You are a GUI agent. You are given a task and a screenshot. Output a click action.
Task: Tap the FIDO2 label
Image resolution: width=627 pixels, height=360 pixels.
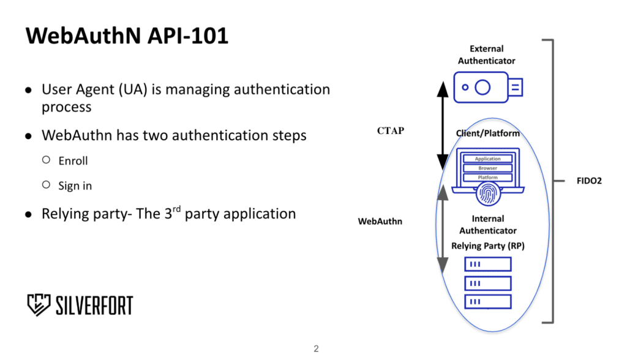pyautogui.click(x=589, y=181)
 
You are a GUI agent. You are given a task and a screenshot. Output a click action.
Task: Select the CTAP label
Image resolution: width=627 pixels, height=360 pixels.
pyautogui.click(x=391, y=131)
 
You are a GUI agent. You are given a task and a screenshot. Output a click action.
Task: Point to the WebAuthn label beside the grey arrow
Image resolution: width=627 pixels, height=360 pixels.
pyautogui.click(x=380, y=221)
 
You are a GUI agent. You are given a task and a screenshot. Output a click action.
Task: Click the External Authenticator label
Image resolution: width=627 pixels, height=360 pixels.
pyautogui.click(x=487, y=54)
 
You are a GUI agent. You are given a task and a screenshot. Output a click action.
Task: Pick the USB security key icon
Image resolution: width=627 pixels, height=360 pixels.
pyautogui.click(x=488, y=87)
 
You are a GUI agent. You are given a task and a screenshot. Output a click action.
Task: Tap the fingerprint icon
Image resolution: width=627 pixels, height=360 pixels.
pyautogui.click(x=488, y=193)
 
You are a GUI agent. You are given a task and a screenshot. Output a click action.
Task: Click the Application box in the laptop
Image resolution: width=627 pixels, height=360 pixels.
pyautogui.click(x=487, y=159)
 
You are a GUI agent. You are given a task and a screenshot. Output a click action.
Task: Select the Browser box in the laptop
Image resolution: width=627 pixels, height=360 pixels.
pyautogui.click(x=487, y=168)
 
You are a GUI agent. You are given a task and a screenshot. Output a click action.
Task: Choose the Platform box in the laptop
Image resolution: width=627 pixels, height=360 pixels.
pyautogui.click(x=487, y=177)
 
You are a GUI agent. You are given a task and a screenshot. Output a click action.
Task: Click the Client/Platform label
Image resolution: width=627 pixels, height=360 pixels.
pyautogui.click(x=488, y=133)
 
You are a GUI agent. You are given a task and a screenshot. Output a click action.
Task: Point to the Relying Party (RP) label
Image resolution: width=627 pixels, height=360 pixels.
pyautogui.click(x=488, y=246)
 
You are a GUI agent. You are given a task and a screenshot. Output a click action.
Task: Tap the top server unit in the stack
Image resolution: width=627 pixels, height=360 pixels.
pyautogui.click(x=488, y=264)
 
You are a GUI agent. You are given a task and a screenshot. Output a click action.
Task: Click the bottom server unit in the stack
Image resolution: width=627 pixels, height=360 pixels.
pyautogui.click(x=488, y=302)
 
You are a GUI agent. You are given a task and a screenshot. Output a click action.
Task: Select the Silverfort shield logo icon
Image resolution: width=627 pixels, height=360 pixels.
pyautogui.click(x=39, y=305)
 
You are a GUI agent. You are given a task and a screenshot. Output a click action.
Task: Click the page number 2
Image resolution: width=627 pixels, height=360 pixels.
pyautogui.click(x=317, y=349)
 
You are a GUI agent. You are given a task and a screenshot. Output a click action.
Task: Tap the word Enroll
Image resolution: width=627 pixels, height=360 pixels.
pyautogui.click(x=73, y=161)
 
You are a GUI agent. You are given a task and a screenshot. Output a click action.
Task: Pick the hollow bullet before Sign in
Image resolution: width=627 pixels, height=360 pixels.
pyautogui.click(x=47, y=185)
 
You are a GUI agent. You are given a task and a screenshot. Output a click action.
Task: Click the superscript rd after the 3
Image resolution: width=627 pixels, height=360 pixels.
pyautogui.click(x=177, y=208)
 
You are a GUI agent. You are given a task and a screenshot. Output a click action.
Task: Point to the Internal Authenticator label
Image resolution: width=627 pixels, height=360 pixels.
pyautogui.click(x=488, y=225)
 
